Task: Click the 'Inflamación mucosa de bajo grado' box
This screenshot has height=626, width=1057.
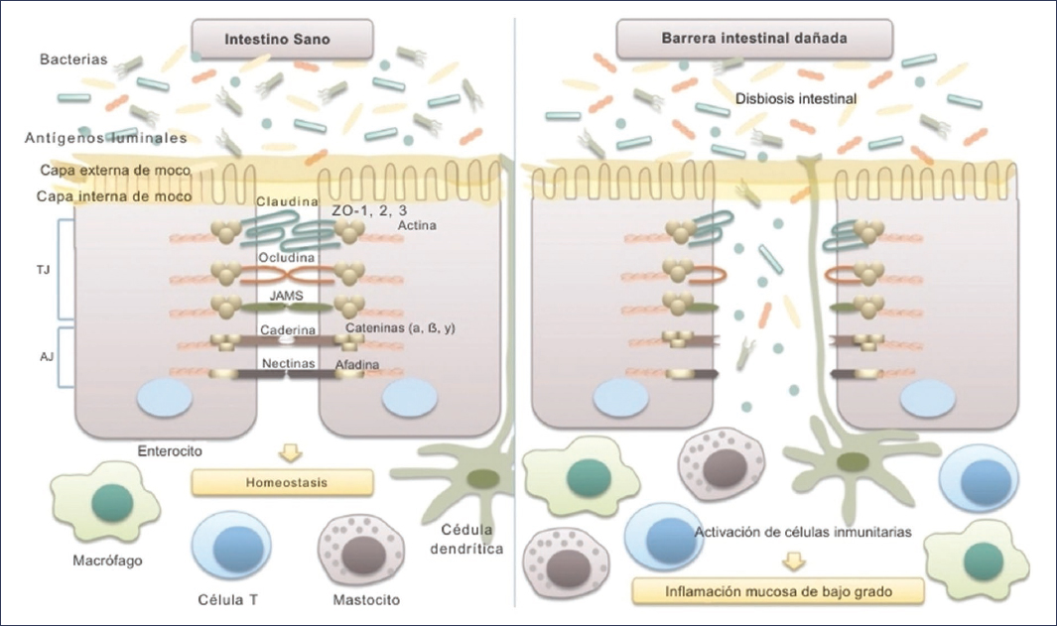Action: click(777, 592)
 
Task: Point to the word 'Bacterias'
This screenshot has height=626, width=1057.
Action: click(72, 61)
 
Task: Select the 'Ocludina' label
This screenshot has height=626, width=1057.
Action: click(288, 257)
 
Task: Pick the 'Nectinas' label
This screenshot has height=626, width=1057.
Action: click(288, 364)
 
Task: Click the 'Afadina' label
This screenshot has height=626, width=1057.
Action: click(356, 364)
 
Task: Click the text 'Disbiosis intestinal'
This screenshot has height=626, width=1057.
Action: click(797, 99)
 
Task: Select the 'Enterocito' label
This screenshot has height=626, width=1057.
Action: click(170, 451)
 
